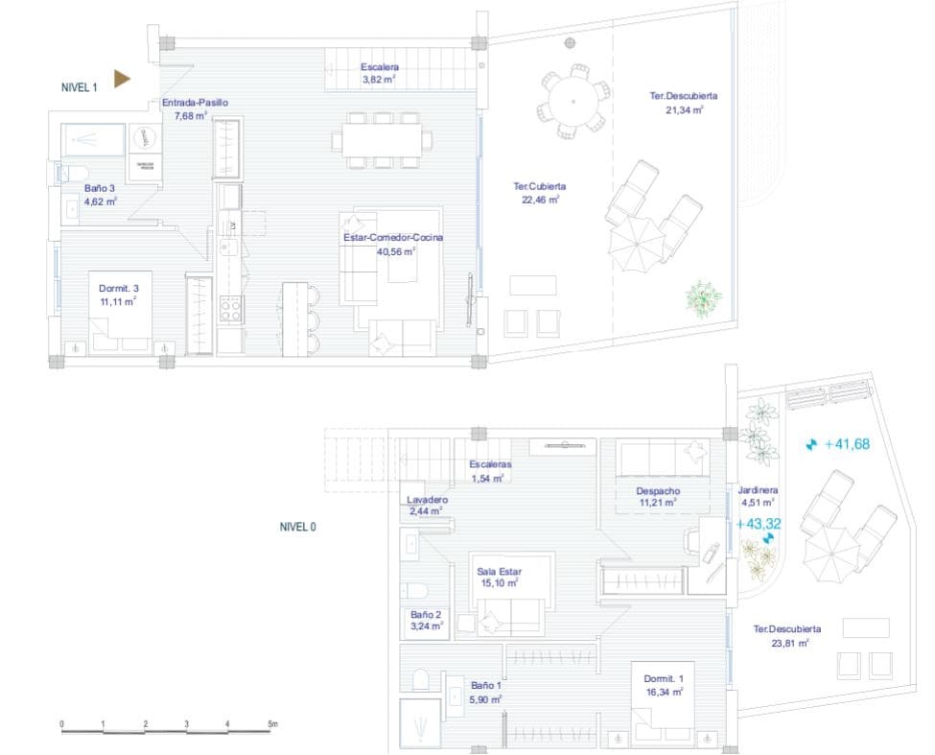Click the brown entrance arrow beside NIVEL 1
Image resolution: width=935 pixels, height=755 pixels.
[x=121, y=79]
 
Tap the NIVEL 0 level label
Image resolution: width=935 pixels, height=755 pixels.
[x=297, y=527]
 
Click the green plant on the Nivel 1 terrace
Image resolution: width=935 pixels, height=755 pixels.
[x=705, y=298]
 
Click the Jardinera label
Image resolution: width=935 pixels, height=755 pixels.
[x=759, y=489]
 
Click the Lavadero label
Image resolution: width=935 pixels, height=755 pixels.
[x=428, y=500]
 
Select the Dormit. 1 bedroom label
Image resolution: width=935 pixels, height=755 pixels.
[x=663, y=678]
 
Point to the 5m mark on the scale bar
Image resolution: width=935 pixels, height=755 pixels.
[x=272, y=724]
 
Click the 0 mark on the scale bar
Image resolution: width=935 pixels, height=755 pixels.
[x=61, y=724]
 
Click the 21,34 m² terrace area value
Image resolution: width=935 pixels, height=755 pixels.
[x=685, y=110]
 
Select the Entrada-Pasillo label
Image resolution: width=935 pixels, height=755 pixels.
[x=195, y=103]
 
